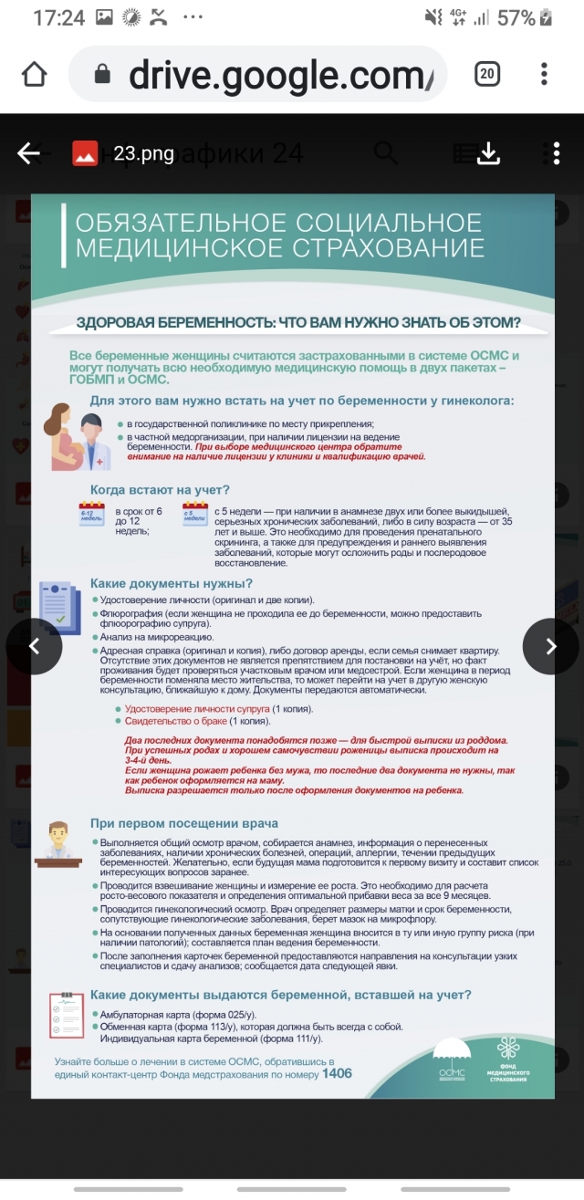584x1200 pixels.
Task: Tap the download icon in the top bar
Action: click(489, 153)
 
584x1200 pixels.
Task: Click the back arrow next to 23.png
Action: click(29, 153)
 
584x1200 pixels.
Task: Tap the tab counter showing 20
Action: click(486, 75)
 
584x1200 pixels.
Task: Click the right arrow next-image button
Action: click(550, 646)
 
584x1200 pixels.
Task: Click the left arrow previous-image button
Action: click(34, 646)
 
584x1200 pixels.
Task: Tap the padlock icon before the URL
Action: click(102, 75)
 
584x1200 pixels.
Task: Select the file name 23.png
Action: click(144, 153)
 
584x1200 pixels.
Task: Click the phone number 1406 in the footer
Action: click(337, 1073)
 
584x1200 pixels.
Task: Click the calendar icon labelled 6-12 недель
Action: click(92, 516)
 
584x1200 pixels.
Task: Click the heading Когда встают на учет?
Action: click(160, 490)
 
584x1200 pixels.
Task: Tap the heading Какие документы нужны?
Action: click(171, 583)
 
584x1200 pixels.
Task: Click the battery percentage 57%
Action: click(516, 17)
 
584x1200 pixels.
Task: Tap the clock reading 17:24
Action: click(58, 17)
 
